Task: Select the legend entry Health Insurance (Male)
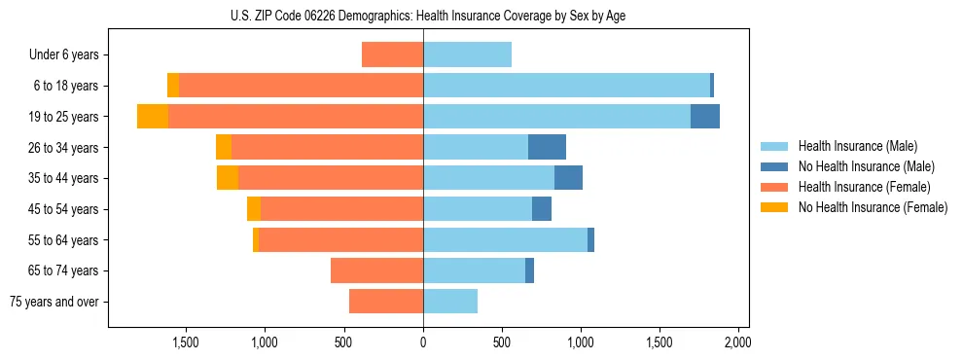[857, 146]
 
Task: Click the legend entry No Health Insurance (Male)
[865, 166]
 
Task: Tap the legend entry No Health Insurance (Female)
[872, 207]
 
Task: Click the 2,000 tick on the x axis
[737, 343]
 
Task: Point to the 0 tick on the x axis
[423, 343]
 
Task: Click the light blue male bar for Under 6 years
[467, 54]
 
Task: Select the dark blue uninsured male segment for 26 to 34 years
[547, 147]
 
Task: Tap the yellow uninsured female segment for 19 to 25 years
[153, 116]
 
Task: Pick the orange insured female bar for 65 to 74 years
[376, 270]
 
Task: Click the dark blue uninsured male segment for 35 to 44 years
[568, 178]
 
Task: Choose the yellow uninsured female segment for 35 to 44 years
[228, 178]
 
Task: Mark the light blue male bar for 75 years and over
[450, 302]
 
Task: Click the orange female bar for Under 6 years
[392, 54]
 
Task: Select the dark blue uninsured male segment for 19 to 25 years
[705, 116]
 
